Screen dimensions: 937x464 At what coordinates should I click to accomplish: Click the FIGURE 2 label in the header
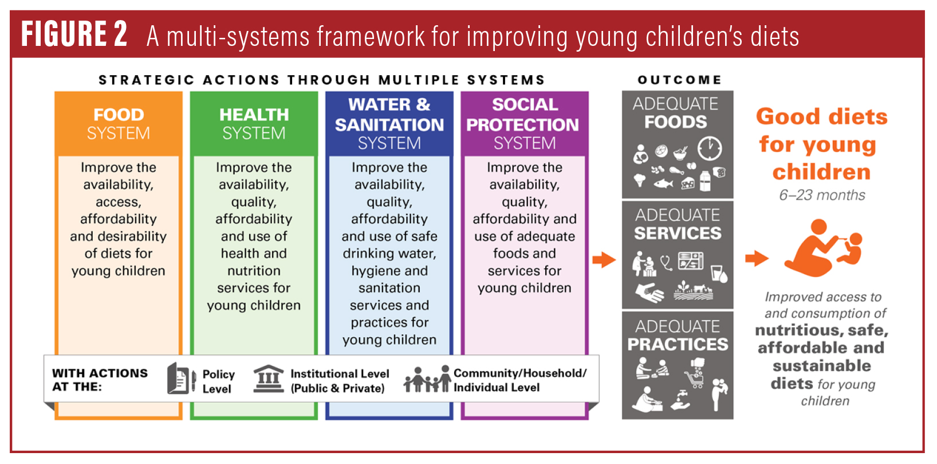[74, 34]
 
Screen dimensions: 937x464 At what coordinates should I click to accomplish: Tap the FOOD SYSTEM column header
[119, 123]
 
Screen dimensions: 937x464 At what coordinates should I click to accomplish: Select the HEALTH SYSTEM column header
[254, 123]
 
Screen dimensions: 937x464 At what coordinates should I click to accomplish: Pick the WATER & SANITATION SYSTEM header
[389, 123]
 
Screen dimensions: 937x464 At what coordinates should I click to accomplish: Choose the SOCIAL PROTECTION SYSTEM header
[525, 123]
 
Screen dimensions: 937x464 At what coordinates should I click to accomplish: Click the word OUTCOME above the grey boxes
[680, 80]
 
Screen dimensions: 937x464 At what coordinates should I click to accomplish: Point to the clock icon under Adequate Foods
[710, 148]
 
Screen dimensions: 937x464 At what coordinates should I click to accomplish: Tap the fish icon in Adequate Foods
[663, 184]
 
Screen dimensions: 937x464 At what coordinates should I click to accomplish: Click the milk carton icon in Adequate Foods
[705, 181]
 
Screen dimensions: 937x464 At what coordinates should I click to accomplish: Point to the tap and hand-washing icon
[680, 400]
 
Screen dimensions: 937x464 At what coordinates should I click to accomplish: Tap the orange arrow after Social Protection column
[604, 260]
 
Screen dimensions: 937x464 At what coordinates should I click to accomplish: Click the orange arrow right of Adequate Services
[757, 258]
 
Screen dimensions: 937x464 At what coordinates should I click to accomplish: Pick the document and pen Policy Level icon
[182, 378]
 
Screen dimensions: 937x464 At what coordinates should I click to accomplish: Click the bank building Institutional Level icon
[269, 378]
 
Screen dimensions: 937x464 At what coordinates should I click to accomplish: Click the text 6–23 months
[822, 195]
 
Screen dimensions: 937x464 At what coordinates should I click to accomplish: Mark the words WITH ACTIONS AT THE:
[100, 380]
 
